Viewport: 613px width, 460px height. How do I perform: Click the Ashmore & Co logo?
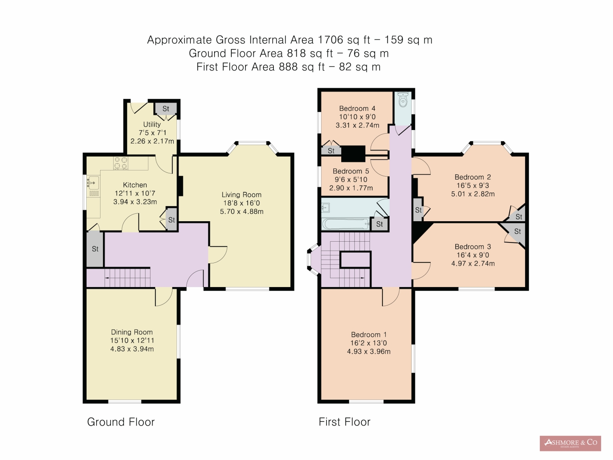pyautogui.click(x=570, y=443)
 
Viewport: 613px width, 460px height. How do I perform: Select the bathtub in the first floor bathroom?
pyautogui.click(x=346, y=224)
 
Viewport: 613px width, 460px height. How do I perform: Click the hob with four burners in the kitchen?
pyautogui.click(x=121, y=163)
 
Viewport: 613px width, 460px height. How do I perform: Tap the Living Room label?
pyautogui.click(x=242, y=195)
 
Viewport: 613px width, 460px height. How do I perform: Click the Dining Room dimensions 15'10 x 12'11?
pyautogui.click(x=132, y=341)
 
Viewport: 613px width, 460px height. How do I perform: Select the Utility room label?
pyautogui.click(x=152, y=124)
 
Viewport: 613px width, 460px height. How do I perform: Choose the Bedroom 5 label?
pyautogui.click(x=351, y=171)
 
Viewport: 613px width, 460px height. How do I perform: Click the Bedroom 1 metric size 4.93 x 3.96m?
pyautogui.click(x=369, y=351)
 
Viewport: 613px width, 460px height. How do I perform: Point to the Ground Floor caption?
pyautogui.click(x=121, y=422)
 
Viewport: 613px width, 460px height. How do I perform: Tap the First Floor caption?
pyautogui.click(x=345, y=422)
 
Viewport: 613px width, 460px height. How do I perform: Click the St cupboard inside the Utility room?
pyautogui.click(x=166, y=109)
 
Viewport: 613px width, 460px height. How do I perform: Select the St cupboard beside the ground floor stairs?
pyautogui.click(x=95, y=249)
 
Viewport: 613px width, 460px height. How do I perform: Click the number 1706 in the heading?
pyautogui.click(x=331, y=40)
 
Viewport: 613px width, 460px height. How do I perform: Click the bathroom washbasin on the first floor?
pyautogui.click(x=326, y=208)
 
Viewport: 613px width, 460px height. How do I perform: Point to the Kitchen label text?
pyautogui.click(x=135, y=185)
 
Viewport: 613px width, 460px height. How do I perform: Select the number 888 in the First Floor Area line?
pyautogui.click(x=288, y=67)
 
